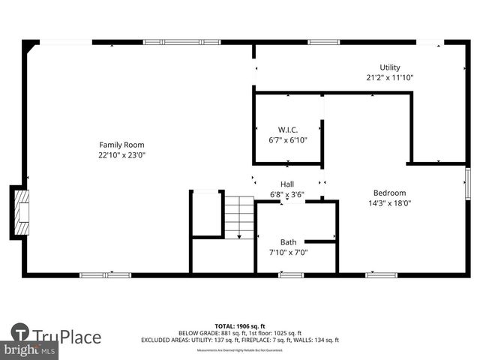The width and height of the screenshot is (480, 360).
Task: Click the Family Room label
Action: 121,145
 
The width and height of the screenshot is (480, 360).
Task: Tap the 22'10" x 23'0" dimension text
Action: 121,155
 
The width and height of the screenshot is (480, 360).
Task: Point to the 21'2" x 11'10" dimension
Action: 390,77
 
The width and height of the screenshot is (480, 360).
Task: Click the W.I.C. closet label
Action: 288,130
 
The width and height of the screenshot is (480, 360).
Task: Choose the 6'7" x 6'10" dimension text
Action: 288,139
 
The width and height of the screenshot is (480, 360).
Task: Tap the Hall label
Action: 287,184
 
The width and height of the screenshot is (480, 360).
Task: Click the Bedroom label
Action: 390,193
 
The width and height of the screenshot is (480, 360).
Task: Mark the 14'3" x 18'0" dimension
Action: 390,202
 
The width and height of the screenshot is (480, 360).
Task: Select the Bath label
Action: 289,242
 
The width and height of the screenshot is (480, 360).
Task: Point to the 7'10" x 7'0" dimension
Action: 289,252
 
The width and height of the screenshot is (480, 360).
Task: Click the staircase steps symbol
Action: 239,217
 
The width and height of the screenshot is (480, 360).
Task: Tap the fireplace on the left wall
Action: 20,213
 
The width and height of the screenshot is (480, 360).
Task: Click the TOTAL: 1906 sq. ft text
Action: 240,326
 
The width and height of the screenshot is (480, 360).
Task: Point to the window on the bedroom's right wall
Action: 467,184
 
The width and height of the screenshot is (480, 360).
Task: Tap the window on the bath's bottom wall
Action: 291,275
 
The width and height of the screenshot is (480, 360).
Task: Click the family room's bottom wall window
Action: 106,275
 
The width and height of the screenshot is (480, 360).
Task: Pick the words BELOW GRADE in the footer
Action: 196,333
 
